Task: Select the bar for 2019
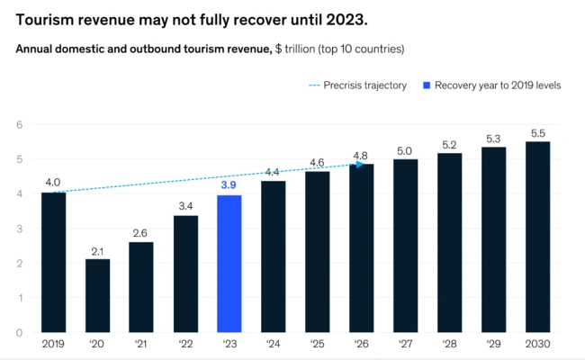point(53,262)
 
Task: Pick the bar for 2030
point(537,237)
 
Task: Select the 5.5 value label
point(537,130)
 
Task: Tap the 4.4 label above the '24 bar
point(274,170)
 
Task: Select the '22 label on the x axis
point(185,344)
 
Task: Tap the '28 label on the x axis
point(450,344)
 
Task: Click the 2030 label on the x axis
point(537,344)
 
